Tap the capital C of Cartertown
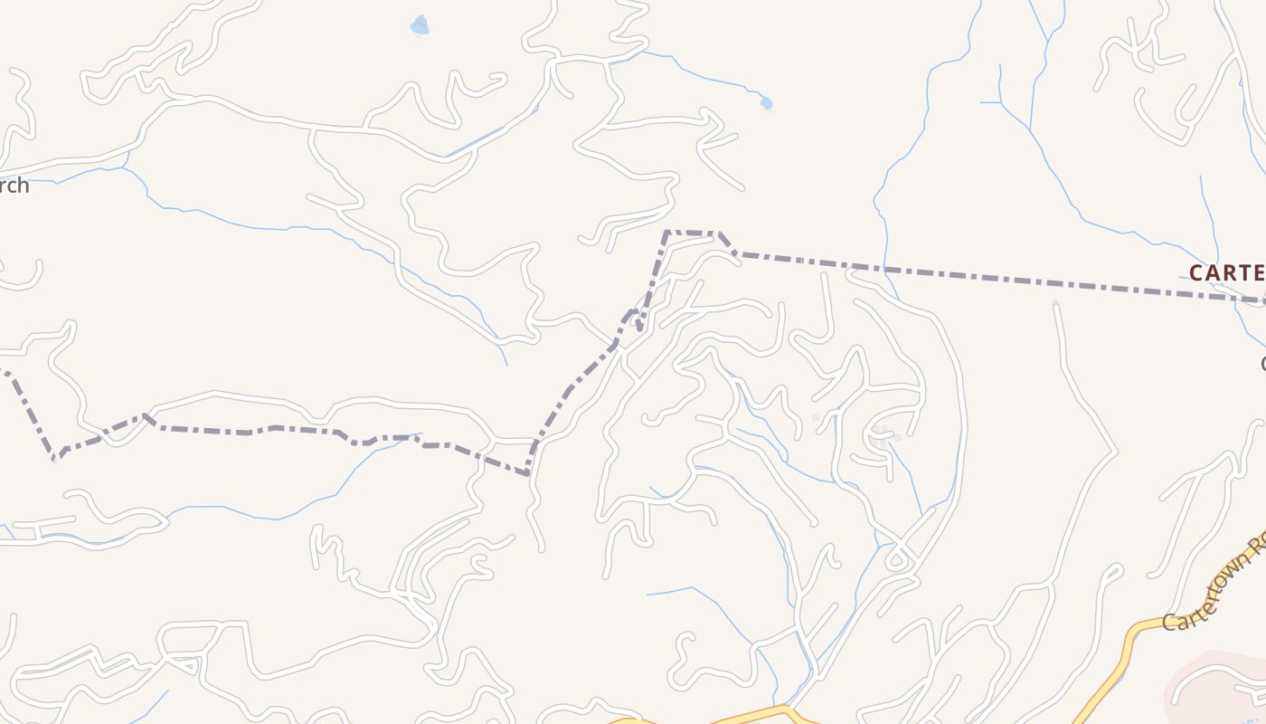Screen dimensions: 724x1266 coord(1170,623)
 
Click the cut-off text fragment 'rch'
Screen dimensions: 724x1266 coord(14,186)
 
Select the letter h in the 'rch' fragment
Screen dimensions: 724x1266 coord(24,186)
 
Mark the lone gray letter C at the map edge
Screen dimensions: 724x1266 coord(1262,364)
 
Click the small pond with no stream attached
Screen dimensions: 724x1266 coord(419,25)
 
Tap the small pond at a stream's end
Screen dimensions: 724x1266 coord(767,103)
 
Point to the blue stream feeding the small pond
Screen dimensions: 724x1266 coord(705,77)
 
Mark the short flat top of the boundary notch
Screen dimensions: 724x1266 coord(692,233)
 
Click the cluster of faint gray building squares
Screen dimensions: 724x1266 coord(882,434)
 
